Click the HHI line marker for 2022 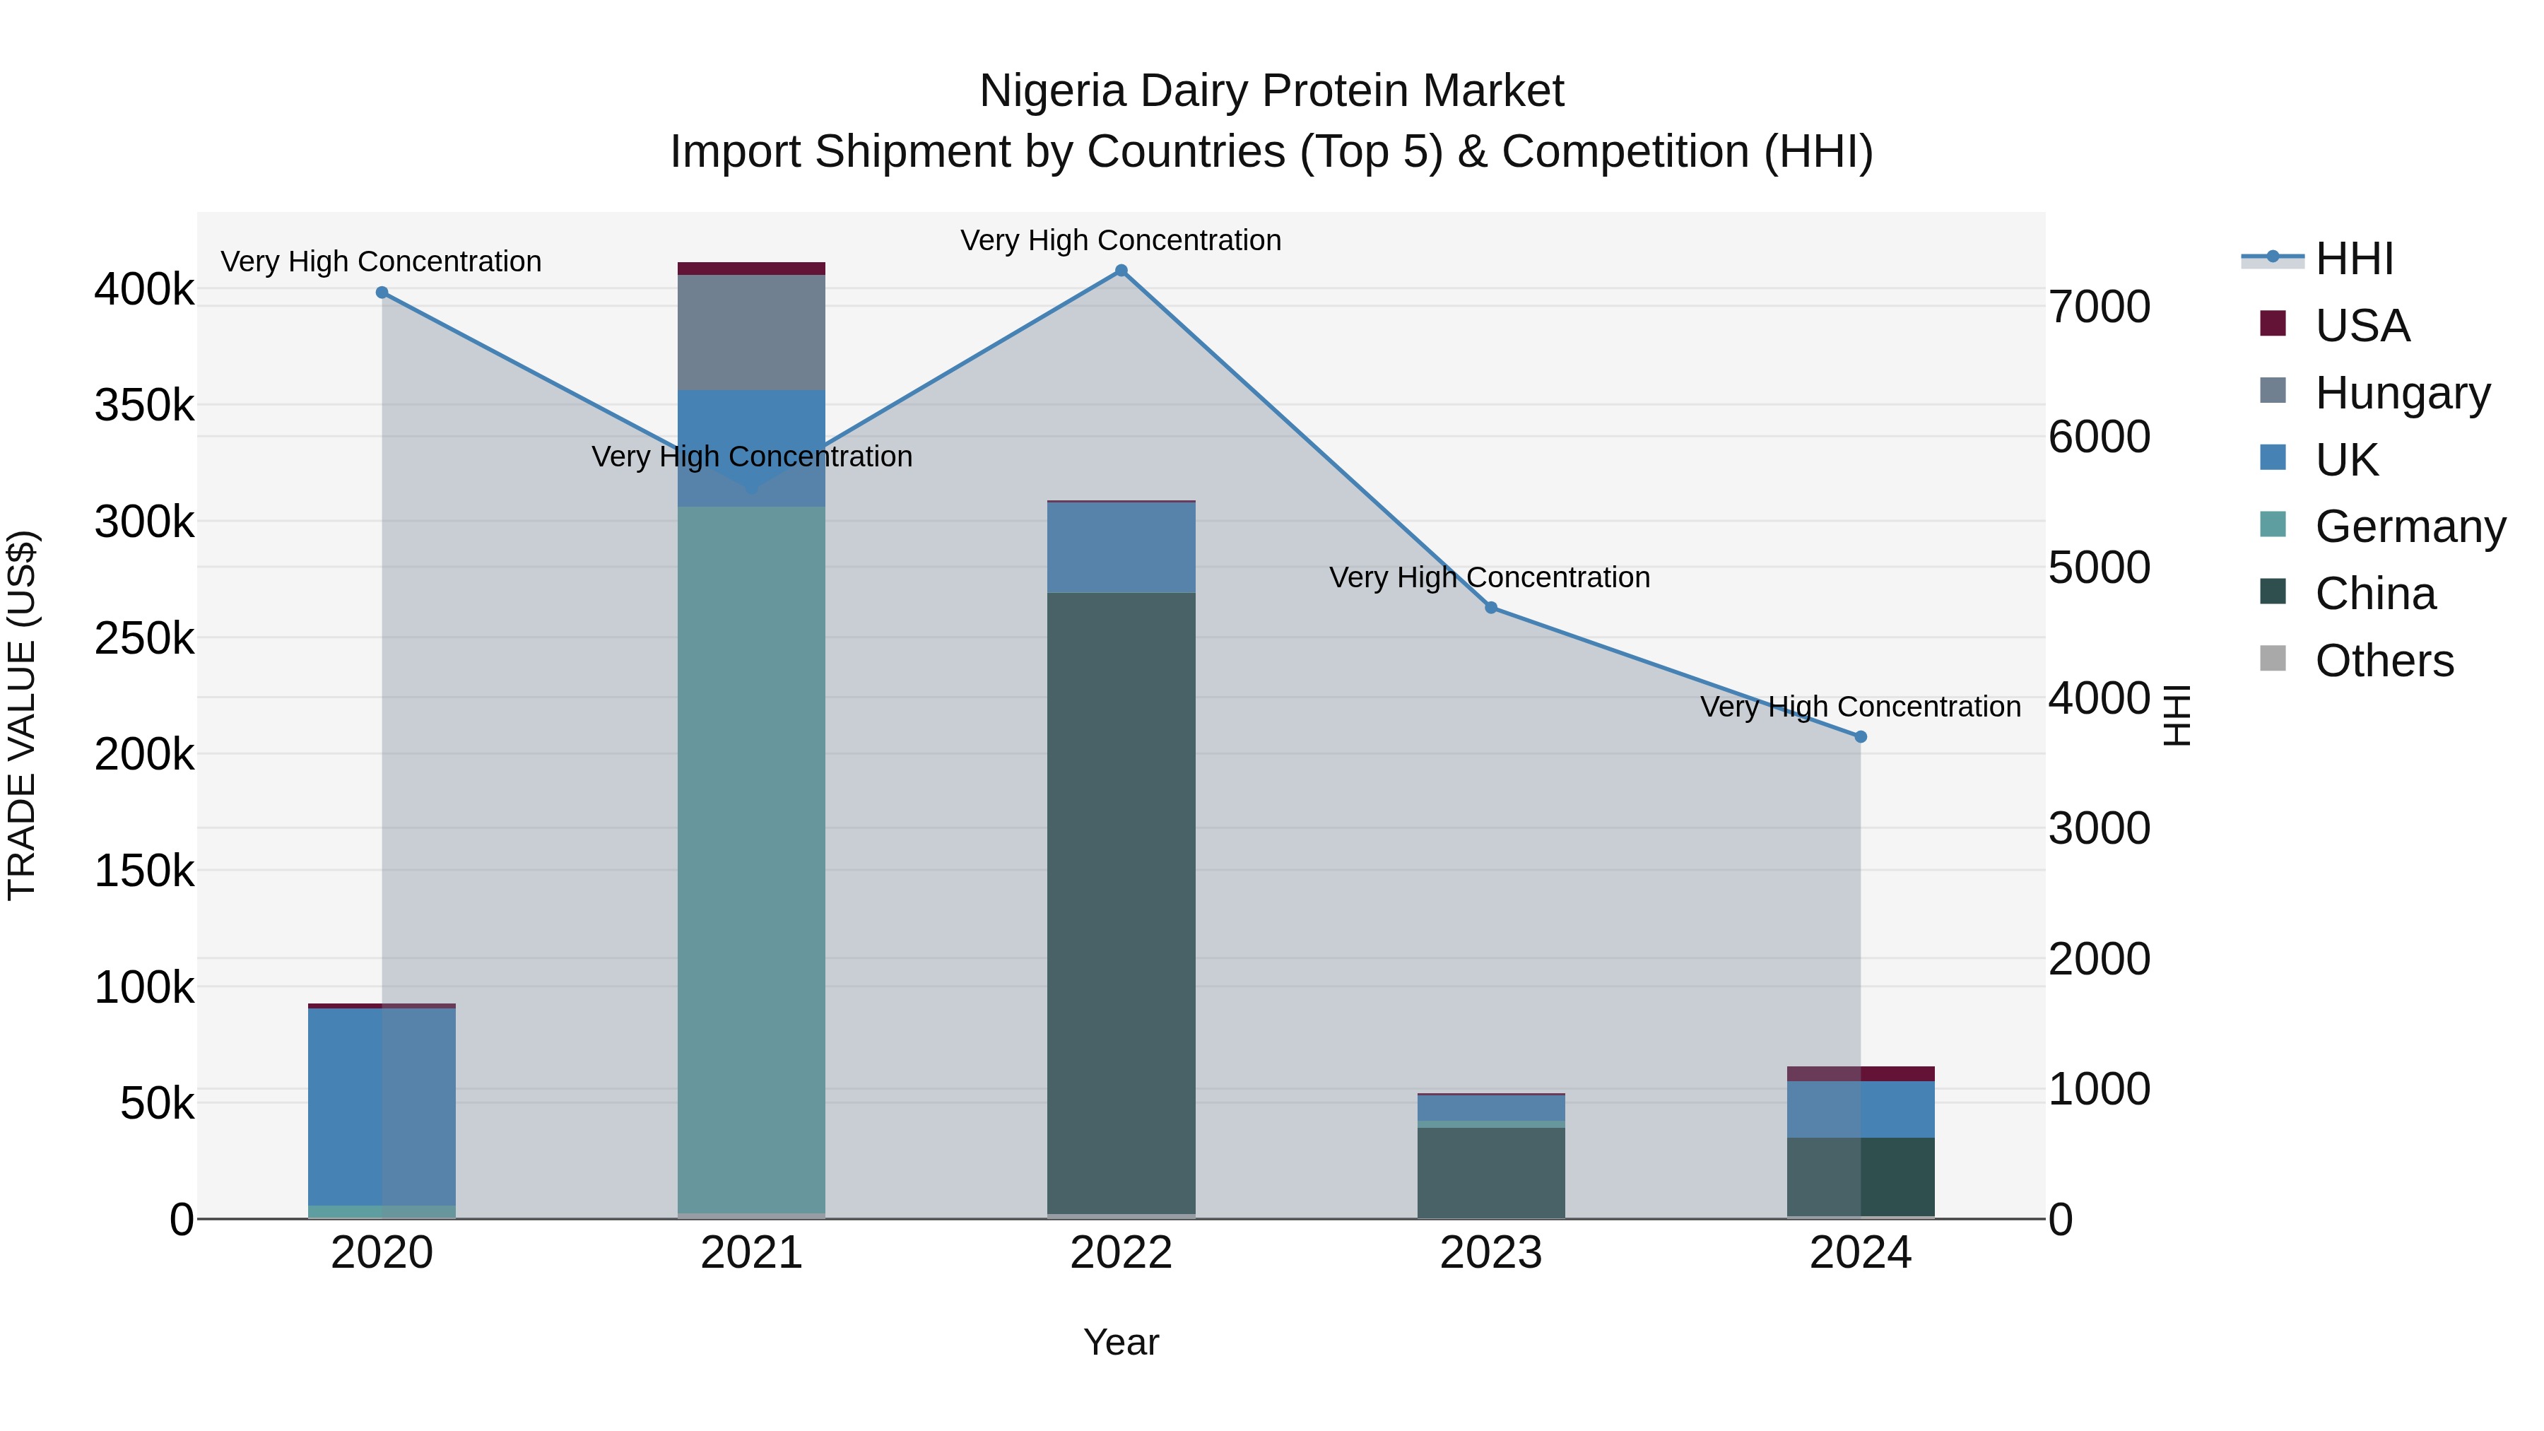(x=1121, y=271)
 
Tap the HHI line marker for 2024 (x=1861, y=737)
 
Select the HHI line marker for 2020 (x=382, y=293)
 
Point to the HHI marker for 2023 (x=1491, y=607)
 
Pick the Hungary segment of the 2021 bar (x=752, y=333)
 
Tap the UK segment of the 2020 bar (x=382, y=1106)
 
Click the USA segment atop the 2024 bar (x=1861, y=1073)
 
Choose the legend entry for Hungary (x=2402, y=393)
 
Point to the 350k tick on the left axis (x=144, y=406)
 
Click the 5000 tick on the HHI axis (x=2099, y=568)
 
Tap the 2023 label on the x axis (x=1490, y=1253)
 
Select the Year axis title (x=1121, y=1342)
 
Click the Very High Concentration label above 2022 (x=1121, y=240)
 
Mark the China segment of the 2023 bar (x=1491, y=1172)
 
